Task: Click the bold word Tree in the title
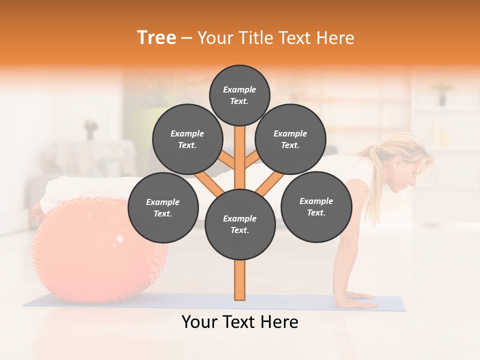point(156,38)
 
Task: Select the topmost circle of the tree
point(239,95)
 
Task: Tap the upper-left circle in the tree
point(187,139)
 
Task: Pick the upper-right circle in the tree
point(290,139)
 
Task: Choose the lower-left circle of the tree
point(162,208)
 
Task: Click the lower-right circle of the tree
point(316,207)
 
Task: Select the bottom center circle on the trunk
point(239,224)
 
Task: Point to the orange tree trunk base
point(240,282)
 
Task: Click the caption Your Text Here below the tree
point(239,322)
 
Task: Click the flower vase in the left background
point(90,129)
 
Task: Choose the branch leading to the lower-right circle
point(267,183)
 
